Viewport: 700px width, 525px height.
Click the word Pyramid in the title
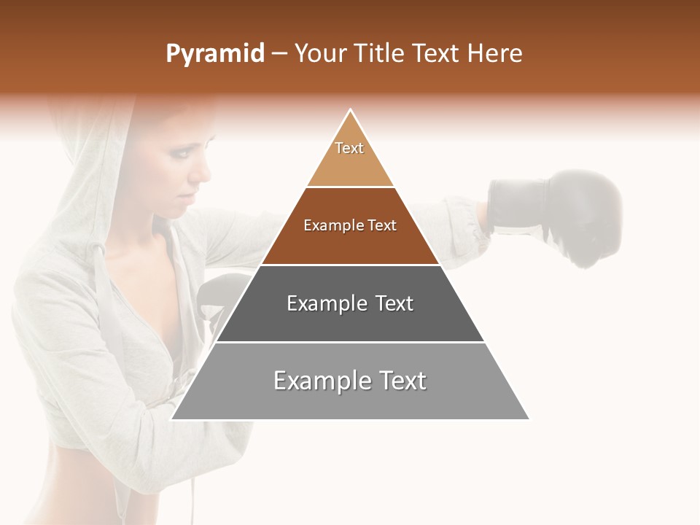(x=215, y=54)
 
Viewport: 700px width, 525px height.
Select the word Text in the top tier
(x=349, y=148)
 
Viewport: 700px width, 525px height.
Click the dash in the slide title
(x=279, y=54)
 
